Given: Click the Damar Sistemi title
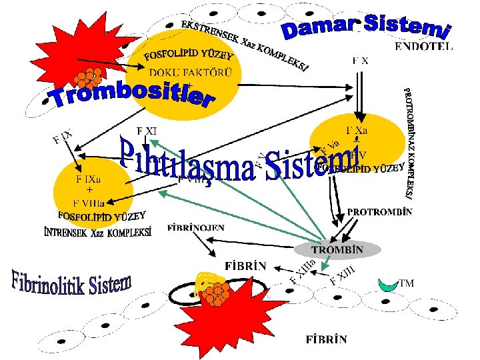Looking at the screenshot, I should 367,25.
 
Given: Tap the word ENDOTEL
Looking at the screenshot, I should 423,47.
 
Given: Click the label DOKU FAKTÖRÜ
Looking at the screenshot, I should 191,73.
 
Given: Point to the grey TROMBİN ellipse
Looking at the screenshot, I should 337,250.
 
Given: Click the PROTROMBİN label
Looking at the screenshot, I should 379,212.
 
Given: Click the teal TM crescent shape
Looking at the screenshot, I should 386,285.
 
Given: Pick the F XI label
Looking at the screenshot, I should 146,131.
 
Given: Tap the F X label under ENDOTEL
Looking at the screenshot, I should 360,61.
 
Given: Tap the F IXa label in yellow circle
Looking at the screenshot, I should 88,179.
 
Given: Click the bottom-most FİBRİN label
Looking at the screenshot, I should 326,339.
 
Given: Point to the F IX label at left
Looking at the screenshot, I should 62,139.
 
